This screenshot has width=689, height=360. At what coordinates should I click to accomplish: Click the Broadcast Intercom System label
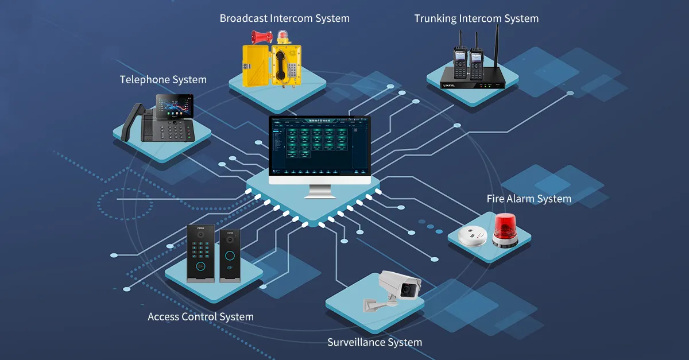(284, 18)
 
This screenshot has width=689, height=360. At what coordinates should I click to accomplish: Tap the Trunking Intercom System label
(476, 18)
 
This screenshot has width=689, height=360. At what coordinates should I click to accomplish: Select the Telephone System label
(163, 80)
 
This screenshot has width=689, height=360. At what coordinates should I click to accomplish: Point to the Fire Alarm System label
(529, 199)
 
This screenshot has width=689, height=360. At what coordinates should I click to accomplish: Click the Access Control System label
(200, 316)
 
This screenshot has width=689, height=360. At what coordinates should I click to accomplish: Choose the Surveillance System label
(374, 342)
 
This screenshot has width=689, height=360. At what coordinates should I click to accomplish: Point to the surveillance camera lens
(408, 289)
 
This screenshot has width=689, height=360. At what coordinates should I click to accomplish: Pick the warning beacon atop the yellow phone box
(283, 37)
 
